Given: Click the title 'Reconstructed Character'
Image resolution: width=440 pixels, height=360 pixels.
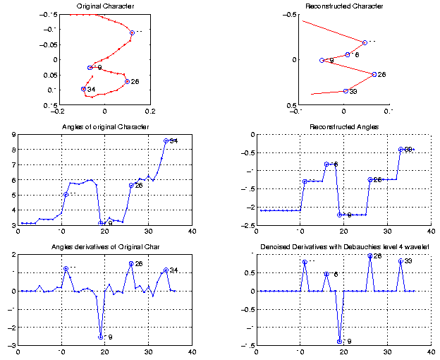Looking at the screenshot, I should [x=344, y=6].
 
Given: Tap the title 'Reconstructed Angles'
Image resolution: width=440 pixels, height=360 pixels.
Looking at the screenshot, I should [x=344, y=127].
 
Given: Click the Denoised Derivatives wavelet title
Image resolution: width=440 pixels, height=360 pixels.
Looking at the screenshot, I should [x=344, y=247].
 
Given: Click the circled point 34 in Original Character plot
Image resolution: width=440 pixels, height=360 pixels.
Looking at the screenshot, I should [x=83, y=89].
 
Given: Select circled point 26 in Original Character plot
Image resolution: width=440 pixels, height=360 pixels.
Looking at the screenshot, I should [x=127, y=81].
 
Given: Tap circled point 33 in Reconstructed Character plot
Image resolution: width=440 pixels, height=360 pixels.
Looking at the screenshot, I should [x=346, y=91].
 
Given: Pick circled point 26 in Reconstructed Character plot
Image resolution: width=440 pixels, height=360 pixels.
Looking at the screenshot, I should [x=374, y=74].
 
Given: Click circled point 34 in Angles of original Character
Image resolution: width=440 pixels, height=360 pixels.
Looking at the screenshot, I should [x=166, y=140].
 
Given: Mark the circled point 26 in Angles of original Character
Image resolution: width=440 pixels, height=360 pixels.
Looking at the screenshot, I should [x=131, y=185].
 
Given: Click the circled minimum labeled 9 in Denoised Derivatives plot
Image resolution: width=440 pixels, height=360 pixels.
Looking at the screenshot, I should [x=340, y=342].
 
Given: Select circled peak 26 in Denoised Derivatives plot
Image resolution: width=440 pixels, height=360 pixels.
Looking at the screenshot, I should [x=370, y=256].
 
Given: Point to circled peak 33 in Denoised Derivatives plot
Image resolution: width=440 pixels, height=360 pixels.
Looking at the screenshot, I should [x=401, y=261].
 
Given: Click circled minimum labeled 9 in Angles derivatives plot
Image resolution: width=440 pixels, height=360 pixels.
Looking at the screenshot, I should [x=101, y=337].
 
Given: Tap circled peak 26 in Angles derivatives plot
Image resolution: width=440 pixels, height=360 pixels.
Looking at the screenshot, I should [x=131, y=264].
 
